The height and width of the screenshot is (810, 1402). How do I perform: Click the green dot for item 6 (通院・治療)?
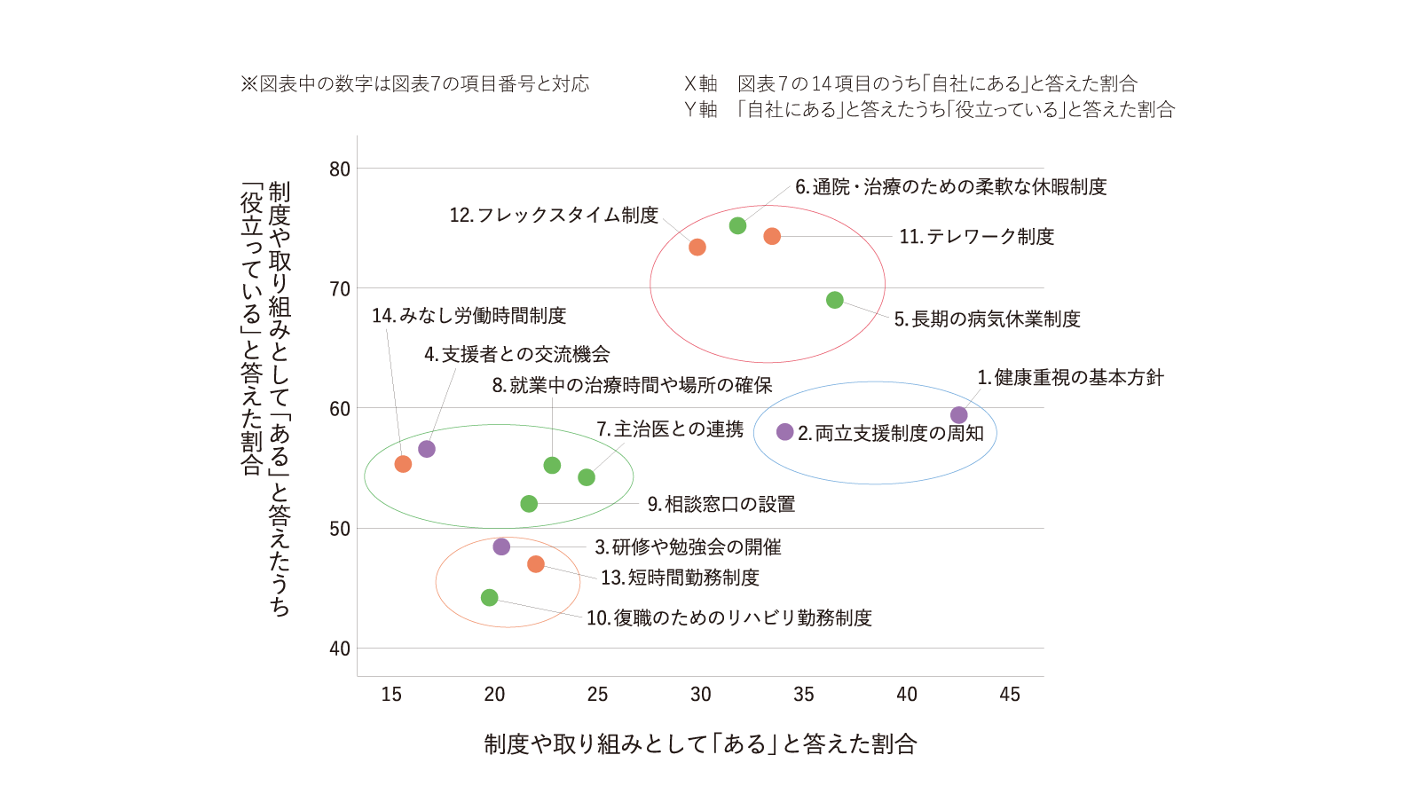coord(737,225)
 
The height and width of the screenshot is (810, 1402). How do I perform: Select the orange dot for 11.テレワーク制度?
coord(772,236)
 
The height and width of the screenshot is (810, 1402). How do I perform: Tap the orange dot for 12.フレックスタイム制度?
coord(697,248)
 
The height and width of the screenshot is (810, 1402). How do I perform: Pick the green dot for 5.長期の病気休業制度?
coord(834,300)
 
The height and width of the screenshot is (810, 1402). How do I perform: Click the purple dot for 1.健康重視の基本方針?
coord(958,414)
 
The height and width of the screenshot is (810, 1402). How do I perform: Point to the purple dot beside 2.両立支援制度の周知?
coord(785,431)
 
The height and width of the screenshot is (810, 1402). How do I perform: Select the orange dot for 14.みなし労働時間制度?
coord(403,464)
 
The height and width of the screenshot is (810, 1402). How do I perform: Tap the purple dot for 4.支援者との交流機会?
coord(426,449)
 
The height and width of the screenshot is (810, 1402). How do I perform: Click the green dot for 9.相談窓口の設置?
coord(529,503)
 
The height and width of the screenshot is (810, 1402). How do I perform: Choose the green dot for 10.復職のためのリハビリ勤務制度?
coord(490,597)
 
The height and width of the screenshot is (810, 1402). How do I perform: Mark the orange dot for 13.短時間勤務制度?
coord(536,564)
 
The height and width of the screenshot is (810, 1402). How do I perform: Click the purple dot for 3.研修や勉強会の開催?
coord(501,547)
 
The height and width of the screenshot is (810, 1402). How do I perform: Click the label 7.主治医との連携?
coord(670,429)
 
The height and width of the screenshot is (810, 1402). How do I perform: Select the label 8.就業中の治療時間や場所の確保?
coord(632,385)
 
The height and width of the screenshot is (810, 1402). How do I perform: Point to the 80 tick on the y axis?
coord(340,169)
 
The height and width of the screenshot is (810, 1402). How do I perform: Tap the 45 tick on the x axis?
coord(1010,694)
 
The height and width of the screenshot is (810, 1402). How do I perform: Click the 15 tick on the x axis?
coord(391,694)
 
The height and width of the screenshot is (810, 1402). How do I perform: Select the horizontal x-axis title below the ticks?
coord(700,743)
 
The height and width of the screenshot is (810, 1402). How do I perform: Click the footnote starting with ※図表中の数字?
coord(415,83)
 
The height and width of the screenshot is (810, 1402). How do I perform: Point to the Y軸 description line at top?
coord(929,109)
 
